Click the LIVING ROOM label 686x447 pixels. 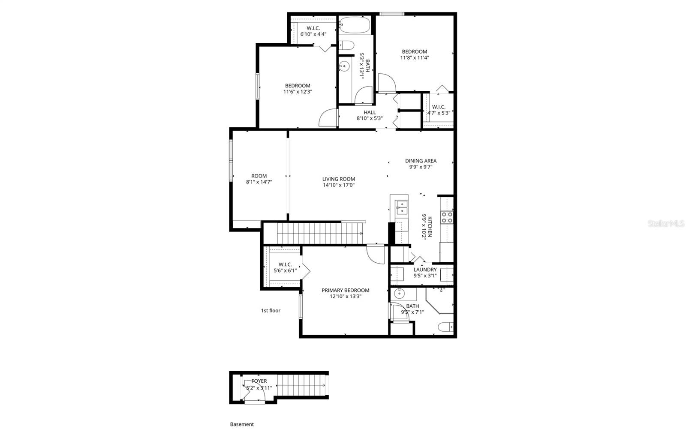coord(338,179)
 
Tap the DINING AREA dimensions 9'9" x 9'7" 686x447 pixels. coord(421,167)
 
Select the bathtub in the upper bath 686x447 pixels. coord(354,25)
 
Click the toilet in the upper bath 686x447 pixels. coord(346,45)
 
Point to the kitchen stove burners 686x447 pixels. coord(447,217)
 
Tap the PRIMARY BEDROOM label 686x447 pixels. coord(345,290)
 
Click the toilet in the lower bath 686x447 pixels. coord(445,327)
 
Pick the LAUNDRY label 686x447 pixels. coord(425,270)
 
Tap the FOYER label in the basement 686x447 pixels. coord(259,381)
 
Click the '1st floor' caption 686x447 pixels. coord(271,310)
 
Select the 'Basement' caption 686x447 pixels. coord(242,424)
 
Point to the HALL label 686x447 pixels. coord(370,113)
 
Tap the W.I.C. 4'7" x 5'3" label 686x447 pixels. coord(438,110)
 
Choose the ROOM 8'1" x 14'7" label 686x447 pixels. coord(259,179)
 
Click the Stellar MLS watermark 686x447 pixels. coord(666,223)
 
